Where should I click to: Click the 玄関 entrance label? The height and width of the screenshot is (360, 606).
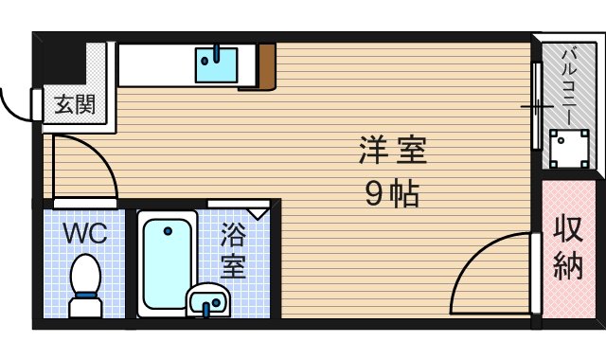tap(73, 104)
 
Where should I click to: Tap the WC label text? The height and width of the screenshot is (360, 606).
tap(84, 232)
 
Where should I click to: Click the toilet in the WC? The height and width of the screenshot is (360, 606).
tap(85, 278)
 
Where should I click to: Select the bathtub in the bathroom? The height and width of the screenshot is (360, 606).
tap(167, 262)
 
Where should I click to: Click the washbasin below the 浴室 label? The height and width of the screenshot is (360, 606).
tap(208, 302)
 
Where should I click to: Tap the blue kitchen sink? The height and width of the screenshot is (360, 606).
tap(217, 63)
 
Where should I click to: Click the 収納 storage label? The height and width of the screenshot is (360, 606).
tap(567, 248)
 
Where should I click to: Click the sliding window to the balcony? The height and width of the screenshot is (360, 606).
tap(536, 109)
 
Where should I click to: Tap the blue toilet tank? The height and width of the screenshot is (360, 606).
tap(85, 306)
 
